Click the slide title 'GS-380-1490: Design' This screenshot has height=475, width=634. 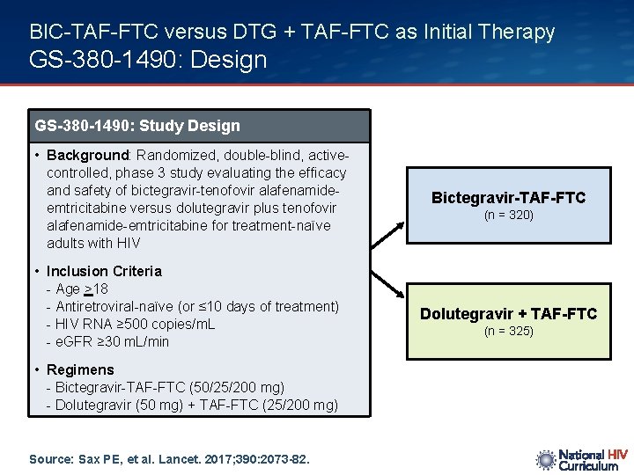pos(148,60)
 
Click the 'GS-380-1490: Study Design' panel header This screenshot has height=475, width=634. pos(137,126)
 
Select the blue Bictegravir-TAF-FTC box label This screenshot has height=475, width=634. pos(508,198)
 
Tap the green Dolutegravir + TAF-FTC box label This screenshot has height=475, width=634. pos(508,314)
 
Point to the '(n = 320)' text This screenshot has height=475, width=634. pos(508,216)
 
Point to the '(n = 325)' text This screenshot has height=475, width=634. pos(508,332)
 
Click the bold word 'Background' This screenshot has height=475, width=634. pos(87,156)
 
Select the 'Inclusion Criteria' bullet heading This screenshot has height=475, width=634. pos(104,271)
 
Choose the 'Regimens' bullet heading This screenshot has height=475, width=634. pos(80,369)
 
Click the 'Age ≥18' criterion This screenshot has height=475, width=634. pos(81,289)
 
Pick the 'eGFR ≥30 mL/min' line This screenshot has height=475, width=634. pos(112,341)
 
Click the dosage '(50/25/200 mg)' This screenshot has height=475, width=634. pos(238,387)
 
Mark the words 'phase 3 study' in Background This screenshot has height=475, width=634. pos(133,173)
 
